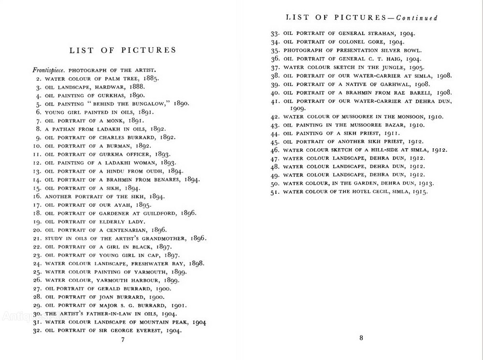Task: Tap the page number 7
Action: tap(123, 340)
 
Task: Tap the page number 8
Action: tap(361, 338)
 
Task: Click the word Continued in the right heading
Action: tap(417, 18)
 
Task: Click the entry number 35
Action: tap(275, 50)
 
